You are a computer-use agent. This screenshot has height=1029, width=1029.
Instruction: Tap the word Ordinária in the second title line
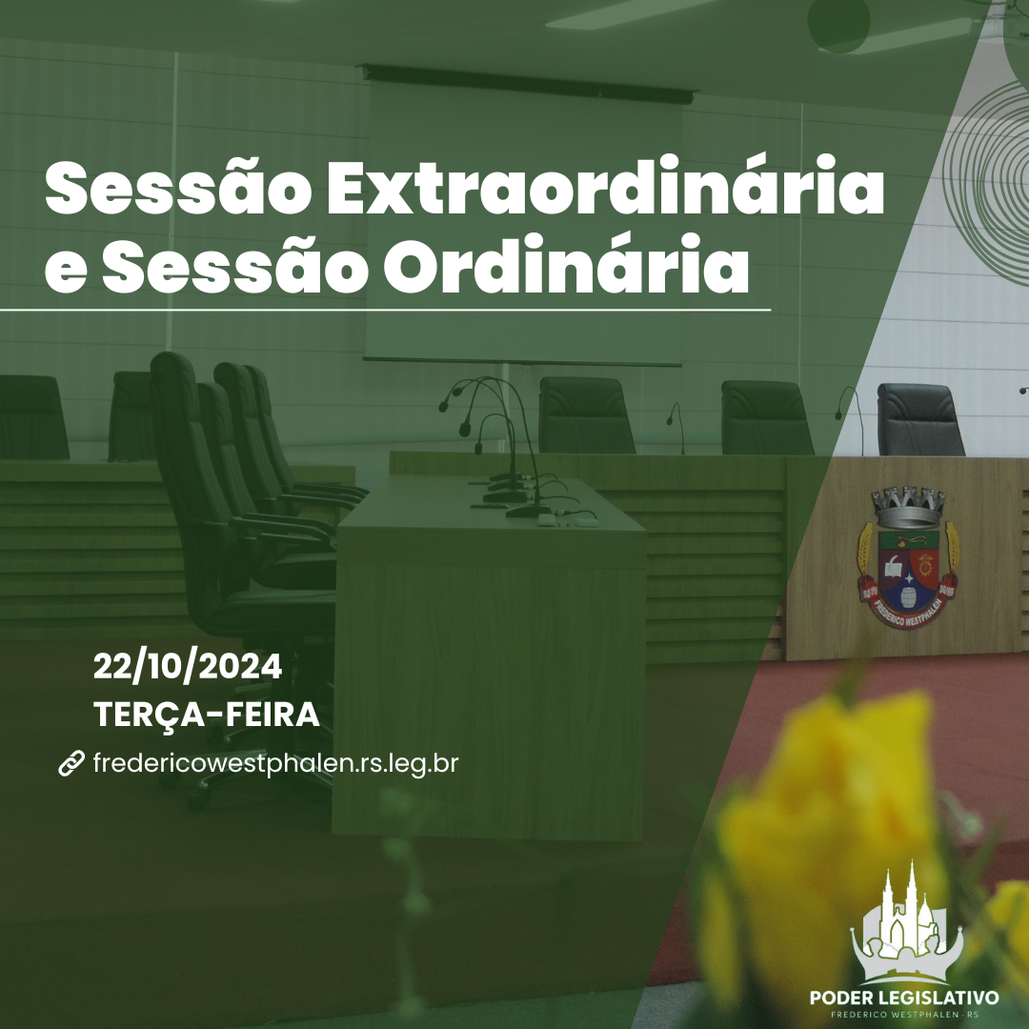566,265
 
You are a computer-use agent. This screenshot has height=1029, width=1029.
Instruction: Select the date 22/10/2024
188,667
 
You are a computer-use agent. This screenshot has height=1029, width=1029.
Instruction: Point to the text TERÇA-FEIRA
206,714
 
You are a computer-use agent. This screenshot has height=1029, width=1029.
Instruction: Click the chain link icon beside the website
71,763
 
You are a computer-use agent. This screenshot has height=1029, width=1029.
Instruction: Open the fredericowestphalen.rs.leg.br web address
275,764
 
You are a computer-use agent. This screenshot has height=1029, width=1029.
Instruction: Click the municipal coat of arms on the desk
908,556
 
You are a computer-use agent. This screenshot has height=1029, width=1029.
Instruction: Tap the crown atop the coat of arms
908,508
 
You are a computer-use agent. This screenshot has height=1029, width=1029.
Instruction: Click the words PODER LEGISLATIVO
904,998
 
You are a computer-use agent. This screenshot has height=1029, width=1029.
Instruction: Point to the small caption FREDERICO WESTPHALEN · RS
904,1015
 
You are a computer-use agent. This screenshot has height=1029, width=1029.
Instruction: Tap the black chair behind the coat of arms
920,419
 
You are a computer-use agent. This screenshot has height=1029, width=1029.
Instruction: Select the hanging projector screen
524,216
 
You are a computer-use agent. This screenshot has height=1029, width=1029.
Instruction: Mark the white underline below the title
385,309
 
